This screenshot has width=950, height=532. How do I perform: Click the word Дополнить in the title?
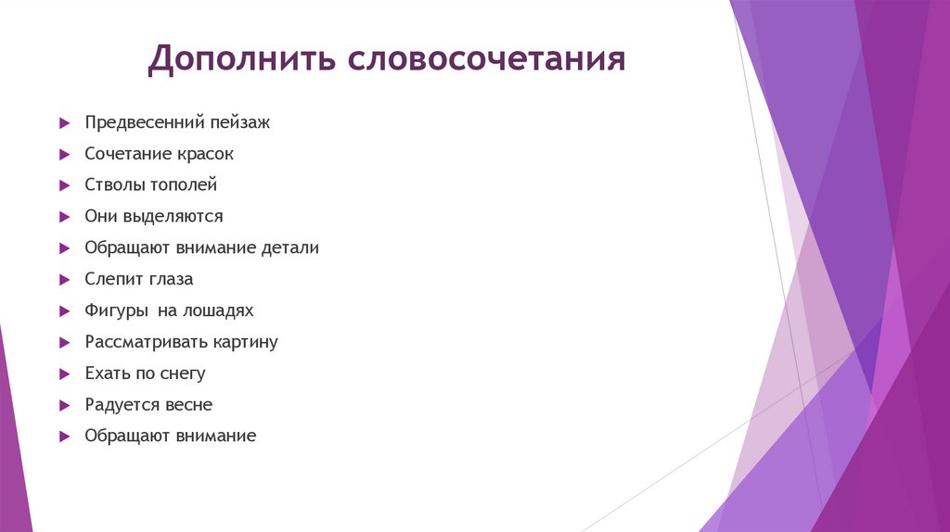click(242, 59)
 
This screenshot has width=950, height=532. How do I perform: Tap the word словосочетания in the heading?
click(487, 59)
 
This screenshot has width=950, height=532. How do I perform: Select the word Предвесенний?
click(138, 122)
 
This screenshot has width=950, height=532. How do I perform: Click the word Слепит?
click(110, 279)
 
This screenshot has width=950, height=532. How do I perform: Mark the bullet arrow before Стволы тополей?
click(64, 185)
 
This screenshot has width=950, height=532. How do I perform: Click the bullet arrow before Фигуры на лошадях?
click(64, 311)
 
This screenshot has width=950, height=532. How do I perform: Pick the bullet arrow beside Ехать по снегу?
click(64, 374)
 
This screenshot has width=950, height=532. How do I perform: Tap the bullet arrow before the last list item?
click(64, 437)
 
